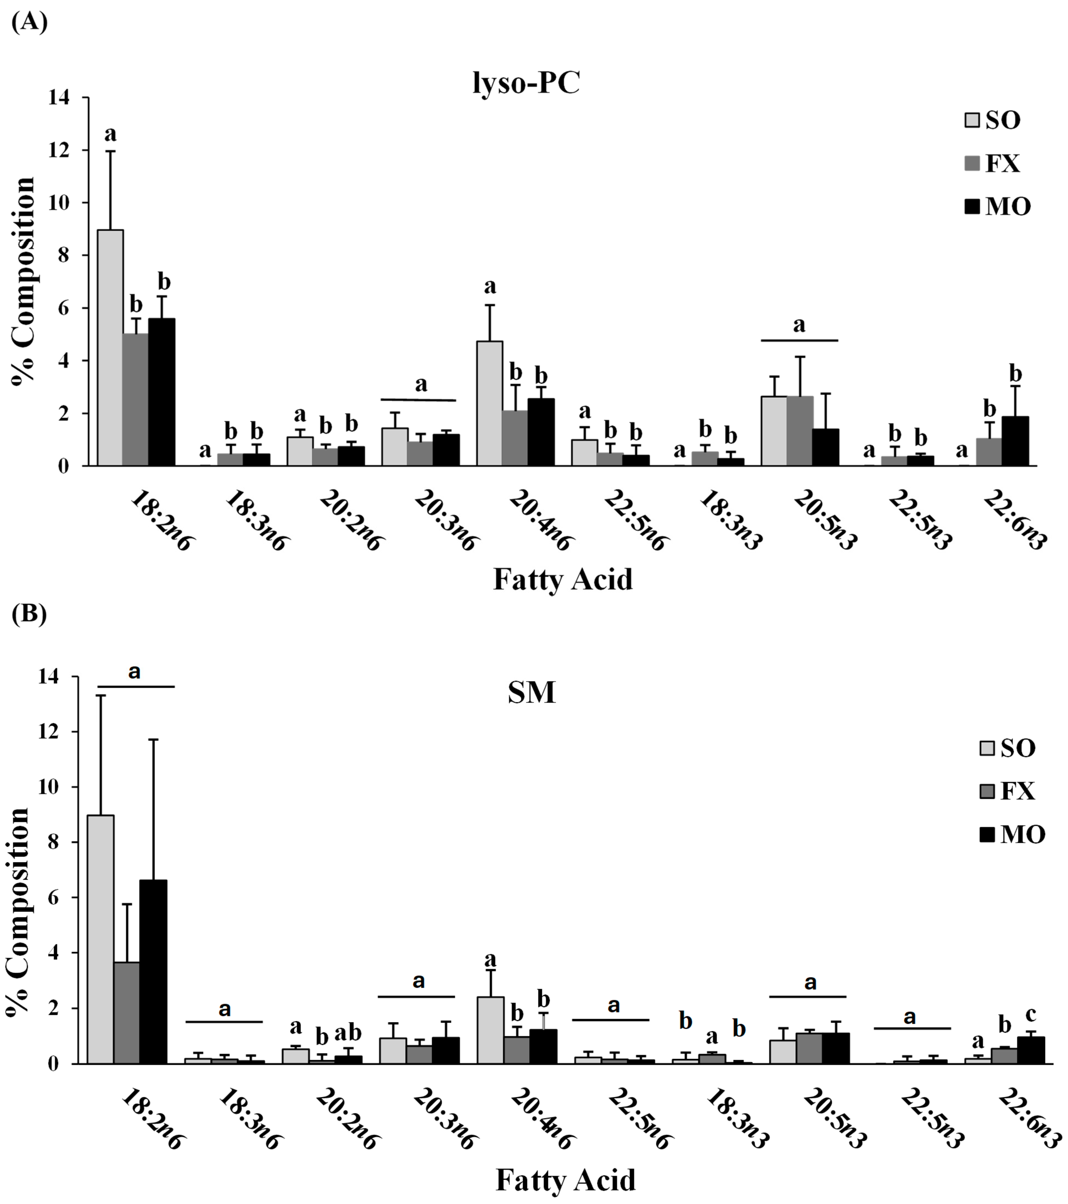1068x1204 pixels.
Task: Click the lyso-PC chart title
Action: pos(526,84)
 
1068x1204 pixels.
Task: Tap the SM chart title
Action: pos(531,693)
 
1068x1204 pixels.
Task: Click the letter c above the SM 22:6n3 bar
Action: pos(1031,1014)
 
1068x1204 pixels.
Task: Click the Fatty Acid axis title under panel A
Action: pos(563,579)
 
